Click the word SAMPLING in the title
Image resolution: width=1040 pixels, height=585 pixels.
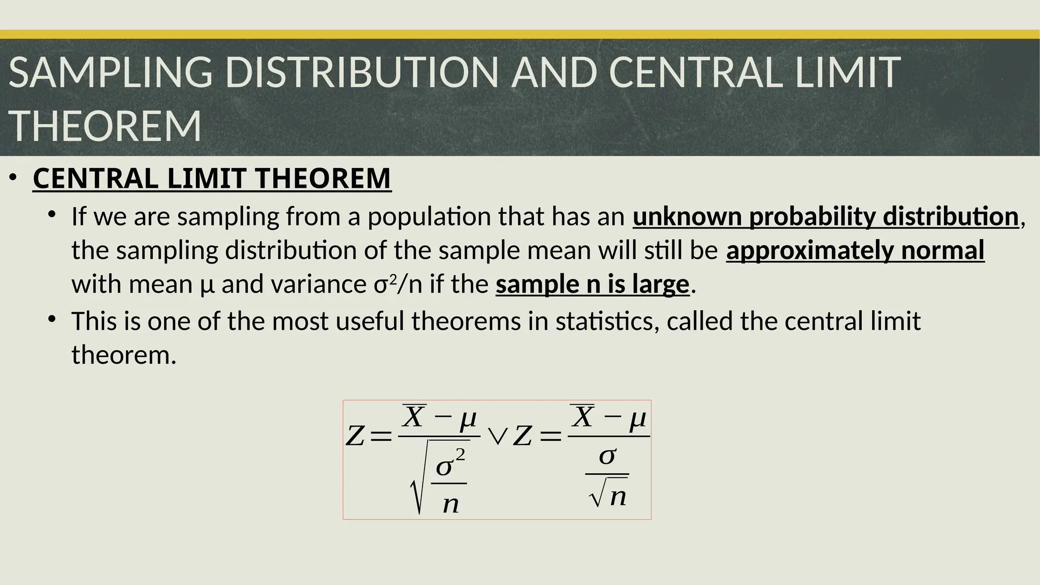click(110, 73)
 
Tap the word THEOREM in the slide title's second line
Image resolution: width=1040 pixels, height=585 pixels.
click(105, 126)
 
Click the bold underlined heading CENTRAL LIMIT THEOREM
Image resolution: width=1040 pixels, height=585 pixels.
click(212, 179)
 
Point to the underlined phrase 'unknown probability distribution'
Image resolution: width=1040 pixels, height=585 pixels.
click(826, 217)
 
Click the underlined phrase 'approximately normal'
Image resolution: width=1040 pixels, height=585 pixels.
click(855, 251)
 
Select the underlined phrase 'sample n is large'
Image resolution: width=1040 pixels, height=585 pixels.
click(592, 284)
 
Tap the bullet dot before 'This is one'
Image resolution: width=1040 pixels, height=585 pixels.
click(52, 319)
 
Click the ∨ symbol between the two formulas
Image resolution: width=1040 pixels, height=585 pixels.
click(497, 436)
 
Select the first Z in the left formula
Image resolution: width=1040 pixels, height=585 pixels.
click(355, 436)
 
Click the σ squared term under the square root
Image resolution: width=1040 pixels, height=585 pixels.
click(450, 463)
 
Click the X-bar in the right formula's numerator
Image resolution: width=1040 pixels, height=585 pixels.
click(582, 417)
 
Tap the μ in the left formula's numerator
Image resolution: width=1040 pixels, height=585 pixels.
click(468, 419)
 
